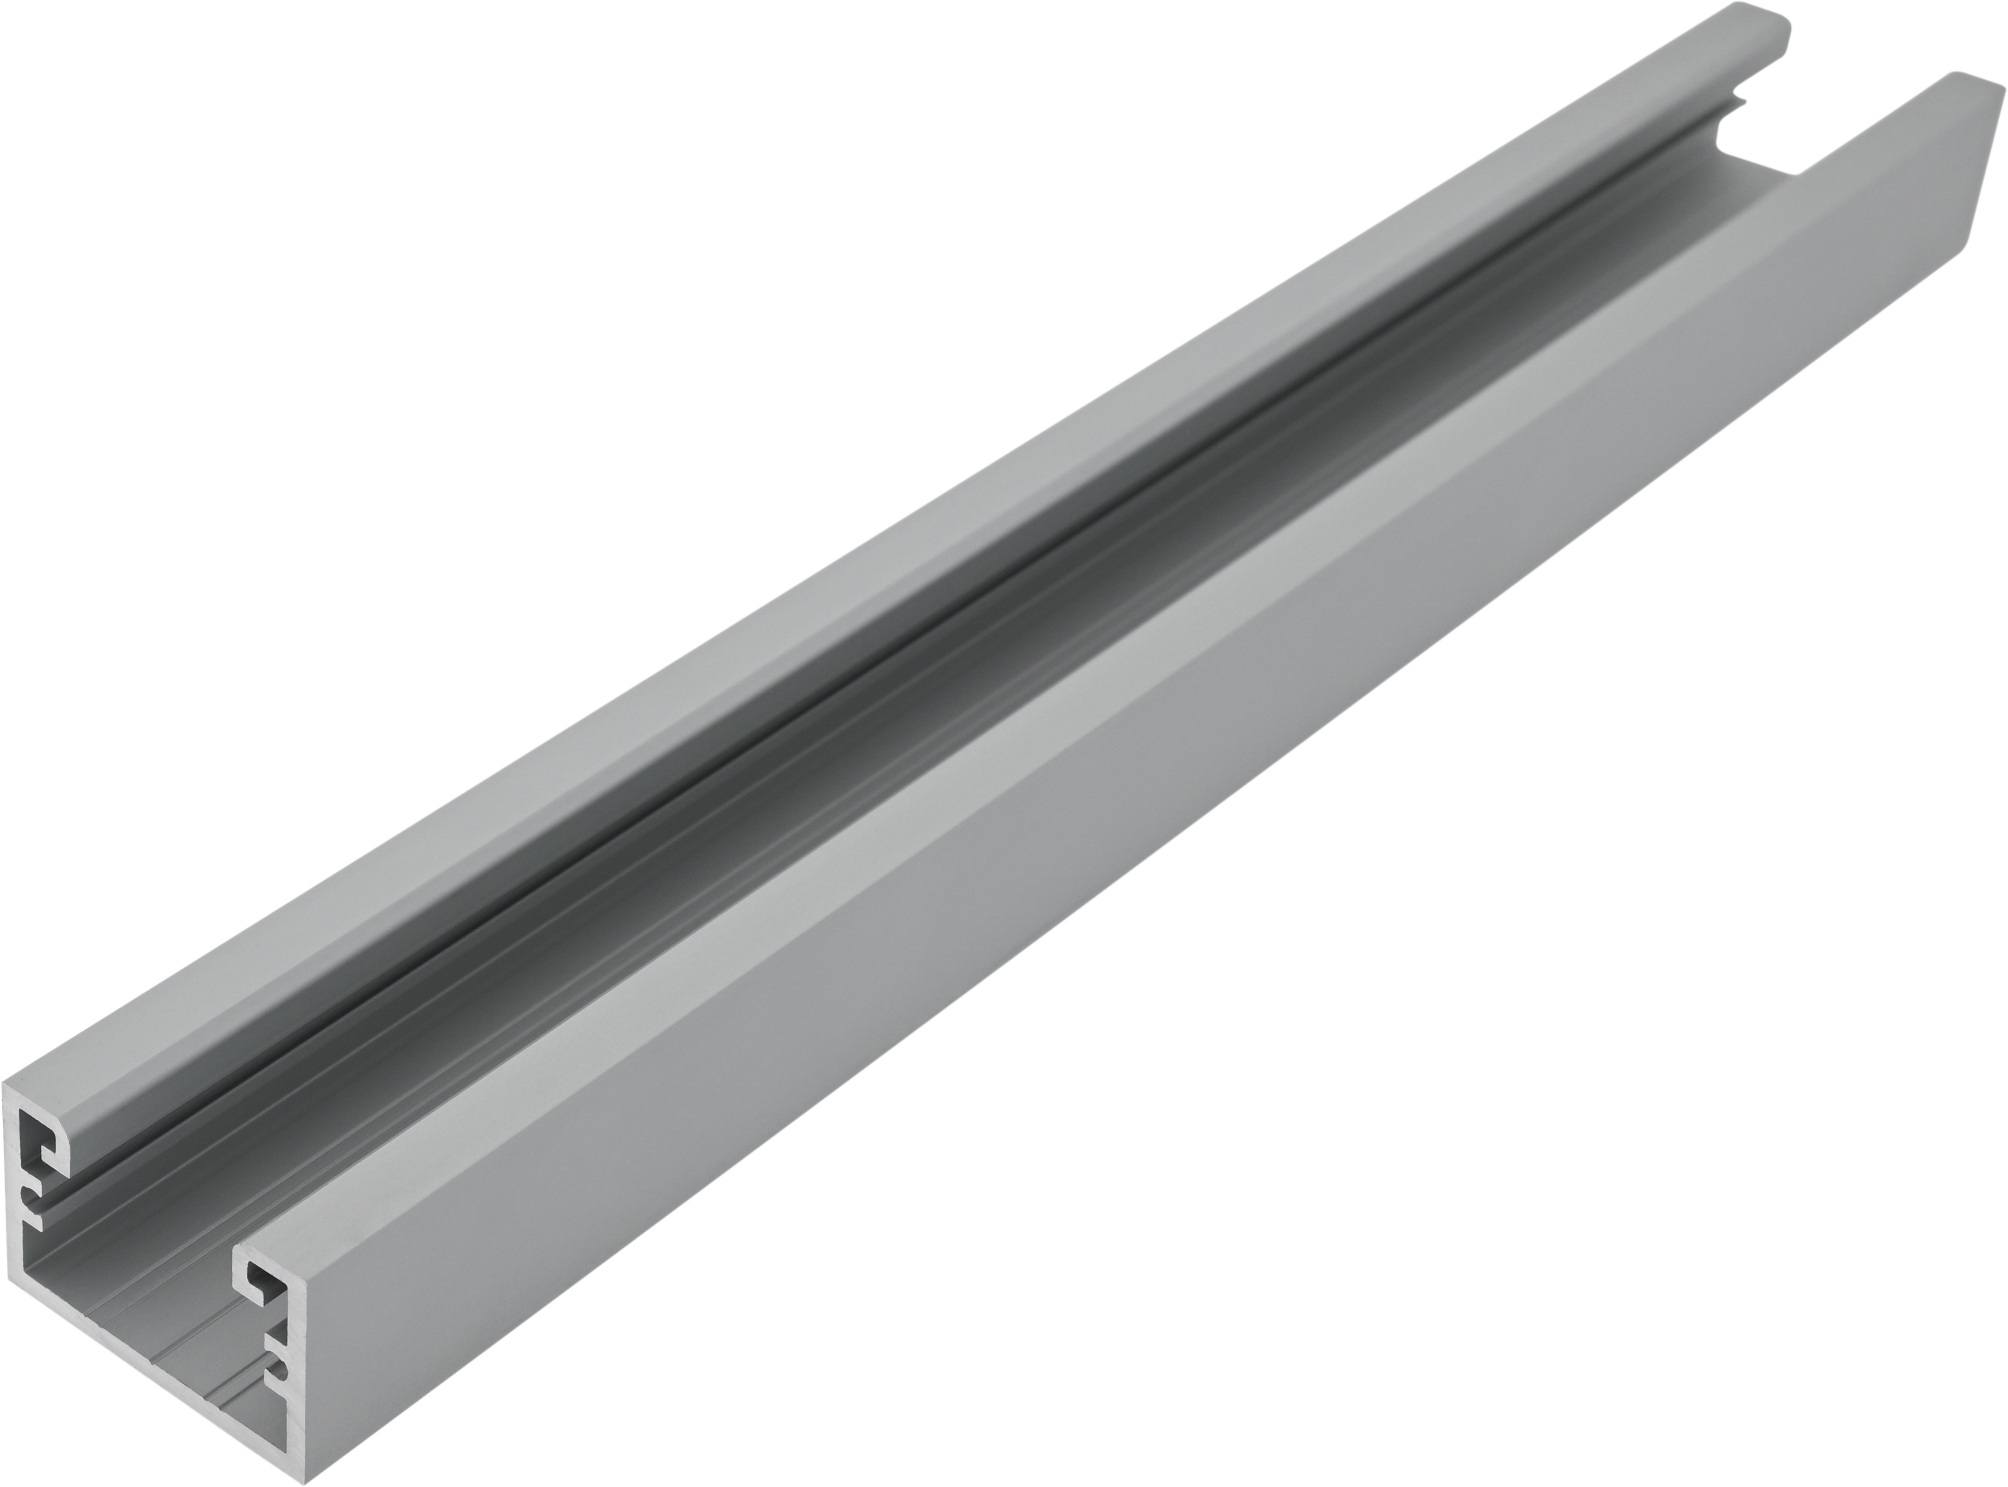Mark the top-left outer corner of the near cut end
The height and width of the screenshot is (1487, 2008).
[x=3, y=1084]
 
